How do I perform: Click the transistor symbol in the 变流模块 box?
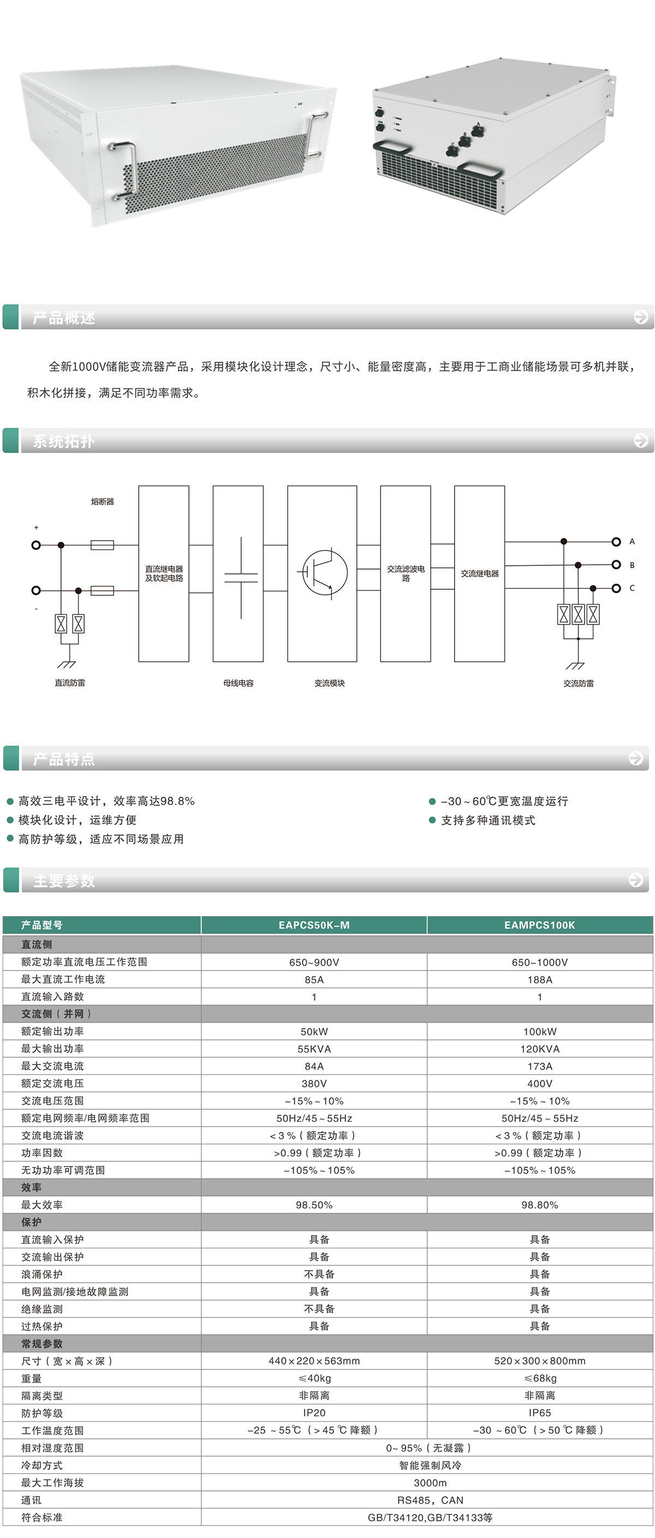click(324, 572)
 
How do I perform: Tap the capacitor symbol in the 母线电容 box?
click(241, 577)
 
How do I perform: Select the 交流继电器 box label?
click(479, 574)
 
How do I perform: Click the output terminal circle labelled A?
click(616, 542)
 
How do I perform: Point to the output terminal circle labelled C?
click(616, 588)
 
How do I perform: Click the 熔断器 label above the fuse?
click(102, 501)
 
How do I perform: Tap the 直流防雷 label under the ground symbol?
click(70, 683)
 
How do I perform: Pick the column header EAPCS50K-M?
click(314, 925)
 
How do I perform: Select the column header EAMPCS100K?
click(540, 925)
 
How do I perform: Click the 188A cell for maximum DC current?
click(540, 979)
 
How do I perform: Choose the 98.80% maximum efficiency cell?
click(540, 1205)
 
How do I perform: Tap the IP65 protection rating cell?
click(540, 1413)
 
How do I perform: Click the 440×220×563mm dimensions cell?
click(314, 1361)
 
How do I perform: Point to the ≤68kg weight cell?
click(540, 1378)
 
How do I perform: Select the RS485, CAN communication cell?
click(430, 1500)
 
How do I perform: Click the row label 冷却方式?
click(42, 1465)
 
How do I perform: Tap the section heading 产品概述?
click(64, 318)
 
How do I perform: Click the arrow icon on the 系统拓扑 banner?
click(641, 441)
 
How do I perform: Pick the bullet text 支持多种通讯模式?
click(488, 821)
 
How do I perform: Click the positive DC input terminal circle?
click(36, 545)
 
